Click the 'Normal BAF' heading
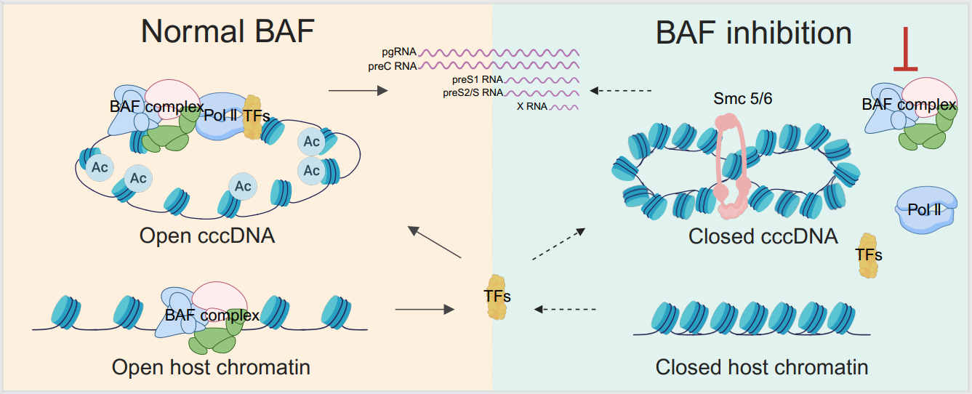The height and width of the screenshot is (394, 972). tap(230, 33)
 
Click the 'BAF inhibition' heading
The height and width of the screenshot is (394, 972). tap(753, 33)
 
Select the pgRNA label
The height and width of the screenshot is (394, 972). tap(398, 52)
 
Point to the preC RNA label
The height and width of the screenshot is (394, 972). tap(393, 66)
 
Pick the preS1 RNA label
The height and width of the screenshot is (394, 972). tap(472, 81)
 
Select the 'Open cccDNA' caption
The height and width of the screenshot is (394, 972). tap(207, 236)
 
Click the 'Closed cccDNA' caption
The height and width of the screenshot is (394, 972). tap(763, 236)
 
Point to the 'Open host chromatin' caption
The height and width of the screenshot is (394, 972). tap(211, 367)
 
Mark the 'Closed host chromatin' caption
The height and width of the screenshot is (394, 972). tap(761, 367)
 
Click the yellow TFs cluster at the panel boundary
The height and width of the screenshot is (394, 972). tap(497, 297)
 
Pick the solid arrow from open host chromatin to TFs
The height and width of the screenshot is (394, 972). tap(424, 310)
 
